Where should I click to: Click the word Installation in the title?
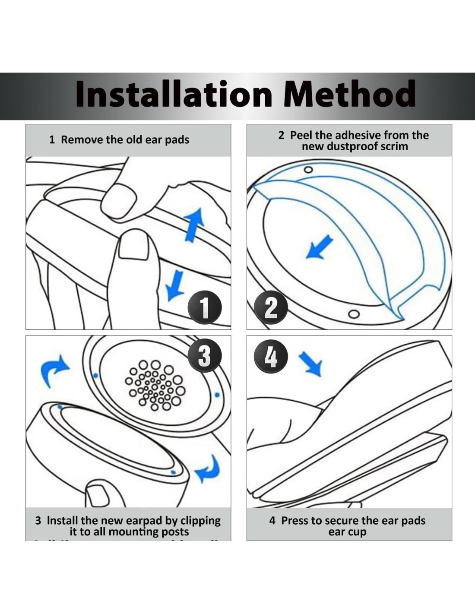click(174, 93)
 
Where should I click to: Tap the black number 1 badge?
click(205, 307)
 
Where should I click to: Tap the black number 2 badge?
click(271, 307)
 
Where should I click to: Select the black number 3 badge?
click(205, 355)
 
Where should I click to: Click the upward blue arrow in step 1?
click(194, 225)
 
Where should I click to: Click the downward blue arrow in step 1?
click(174, 285)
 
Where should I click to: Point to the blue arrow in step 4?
click(310, 364)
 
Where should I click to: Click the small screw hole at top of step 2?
click(309, 170)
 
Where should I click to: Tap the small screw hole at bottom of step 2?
click(354, 314)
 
